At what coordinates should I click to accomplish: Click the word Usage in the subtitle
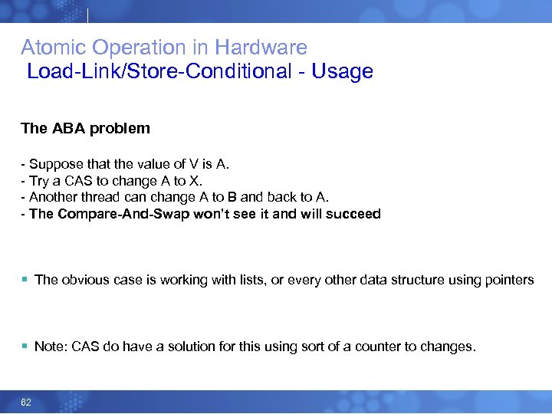(x=342, y=72)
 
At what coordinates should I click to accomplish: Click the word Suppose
(x=53, y=164)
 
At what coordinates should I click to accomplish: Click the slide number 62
(x=26, y=402)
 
